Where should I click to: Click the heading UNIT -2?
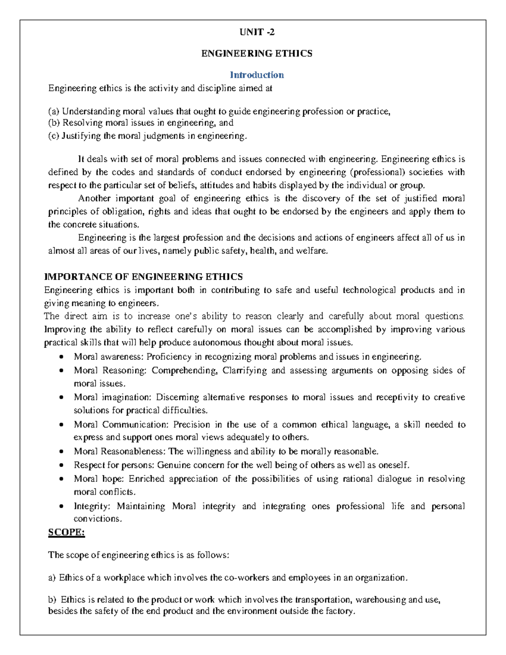tap(257, 32)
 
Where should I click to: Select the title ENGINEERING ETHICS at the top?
tap(257, 54)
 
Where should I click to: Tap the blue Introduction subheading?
tap(257, 75)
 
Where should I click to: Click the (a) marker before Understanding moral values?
tap(54, 111)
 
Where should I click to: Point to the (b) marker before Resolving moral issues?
tap(54, 123)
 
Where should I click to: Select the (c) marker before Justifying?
tap(54, 136)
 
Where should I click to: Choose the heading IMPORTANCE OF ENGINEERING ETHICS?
tap(143, 277)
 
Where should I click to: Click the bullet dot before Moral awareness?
tap(62, 357)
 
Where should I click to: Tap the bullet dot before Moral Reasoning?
tap(62, 371)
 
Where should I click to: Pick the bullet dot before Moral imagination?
tap(62, 397)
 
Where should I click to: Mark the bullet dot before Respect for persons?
tap(62, 466)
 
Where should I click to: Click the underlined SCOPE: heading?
tap(67, 532)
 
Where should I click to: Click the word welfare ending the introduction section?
tap(311, 251)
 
